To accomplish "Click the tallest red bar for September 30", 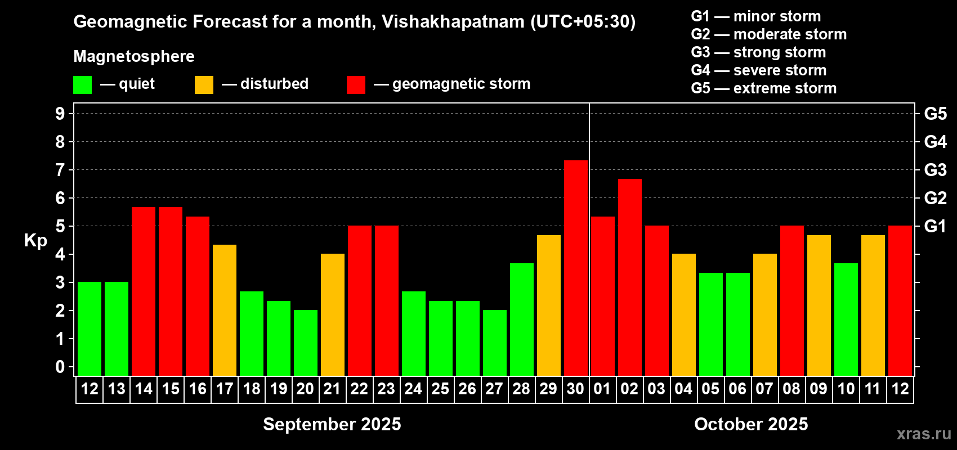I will point(576,268).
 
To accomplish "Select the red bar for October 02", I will point(630,277).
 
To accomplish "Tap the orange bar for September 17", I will point(225,310).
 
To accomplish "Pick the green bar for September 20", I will point(306,343).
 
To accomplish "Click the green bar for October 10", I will point(846,319).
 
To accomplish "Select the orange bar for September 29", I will point(549,305).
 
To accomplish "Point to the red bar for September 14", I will point(144,291).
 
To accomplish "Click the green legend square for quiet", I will point(83,85).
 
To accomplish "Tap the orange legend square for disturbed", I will point(204,85).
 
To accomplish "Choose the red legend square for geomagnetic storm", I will point(356,85).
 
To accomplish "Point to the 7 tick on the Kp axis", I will point(60,170).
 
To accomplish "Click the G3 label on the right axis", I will point(935,170).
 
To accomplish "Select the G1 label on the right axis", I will point(935,226).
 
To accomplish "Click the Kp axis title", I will point(35,241).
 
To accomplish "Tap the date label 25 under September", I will point(440,389).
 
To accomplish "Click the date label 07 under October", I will point(764,389).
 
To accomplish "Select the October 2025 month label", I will point(751,424).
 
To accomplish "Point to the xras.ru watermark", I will point(923,434).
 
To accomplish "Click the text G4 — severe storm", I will point(759,70).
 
